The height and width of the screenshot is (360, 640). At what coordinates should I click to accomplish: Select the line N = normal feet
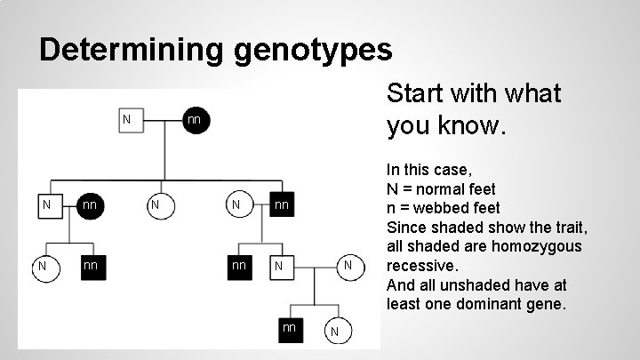click(441, 188)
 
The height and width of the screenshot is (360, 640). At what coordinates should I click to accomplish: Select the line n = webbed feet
click(443, 208)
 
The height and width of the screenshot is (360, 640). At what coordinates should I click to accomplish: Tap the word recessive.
click(421, 266)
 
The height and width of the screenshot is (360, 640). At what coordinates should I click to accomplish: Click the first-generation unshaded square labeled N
click(127, 119)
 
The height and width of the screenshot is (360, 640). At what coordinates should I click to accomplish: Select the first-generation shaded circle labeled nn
click(194, 119)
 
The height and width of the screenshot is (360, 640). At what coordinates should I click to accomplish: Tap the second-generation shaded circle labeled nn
click(89, 206)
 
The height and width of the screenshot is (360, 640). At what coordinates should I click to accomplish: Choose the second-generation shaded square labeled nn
click(281, 206)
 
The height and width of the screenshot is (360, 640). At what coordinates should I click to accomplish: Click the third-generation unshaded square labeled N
click(279, 266)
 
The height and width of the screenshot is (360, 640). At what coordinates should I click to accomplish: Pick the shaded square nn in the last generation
click(289, 328)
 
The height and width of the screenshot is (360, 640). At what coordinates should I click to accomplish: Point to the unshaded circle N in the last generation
click(333, 332)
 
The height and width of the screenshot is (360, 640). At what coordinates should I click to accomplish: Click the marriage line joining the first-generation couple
click(160, 118)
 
